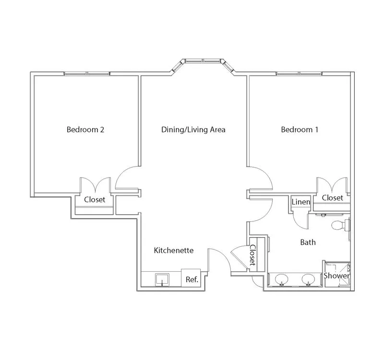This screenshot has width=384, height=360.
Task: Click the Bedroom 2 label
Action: click(x=85, y=129)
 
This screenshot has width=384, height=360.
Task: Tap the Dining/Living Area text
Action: click(x=193, y=130)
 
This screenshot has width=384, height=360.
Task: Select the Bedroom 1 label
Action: click(x=300, y=129)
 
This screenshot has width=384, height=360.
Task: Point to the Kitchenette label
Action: click(x=174, y=250)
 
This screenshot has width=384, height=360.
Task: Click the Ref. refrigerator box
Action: click(x=191, y=278)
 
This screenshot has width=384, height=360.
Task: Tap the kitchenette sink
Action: click(x=162, y=280)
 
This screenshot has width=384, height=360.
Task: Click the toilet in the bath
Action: click(x=341, y=225)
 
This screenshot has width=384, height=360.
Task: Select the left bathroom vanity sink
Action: click(x=282, y=280)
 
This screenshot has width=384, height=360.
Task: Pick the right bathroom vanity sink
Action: click(x=308, y=280)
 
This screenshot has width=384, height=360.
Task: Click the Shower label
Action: click(x=337, y=276)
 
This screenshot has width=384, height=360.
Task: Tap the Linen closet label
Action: click(x=301, y=202)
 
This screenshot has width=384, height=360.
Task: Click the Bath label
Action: click(x=308, y=242)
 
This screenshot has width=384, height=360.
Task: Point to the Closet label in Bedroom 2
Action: click(x=95, y=200)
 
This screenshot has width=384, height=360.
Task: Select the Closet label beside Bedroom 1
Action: click(x=332, y=198)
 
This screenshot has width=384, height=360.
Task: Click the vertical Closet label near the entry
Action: click(x=252, y=255)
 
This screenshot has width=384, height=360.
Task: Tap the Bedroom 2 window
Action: click(x=87, y=73)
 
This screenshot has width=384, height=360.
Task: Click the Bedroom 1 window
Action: click(x=299, y=73)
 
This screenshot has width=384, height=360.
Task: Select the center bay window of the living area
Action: click(x=203, y=60)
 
